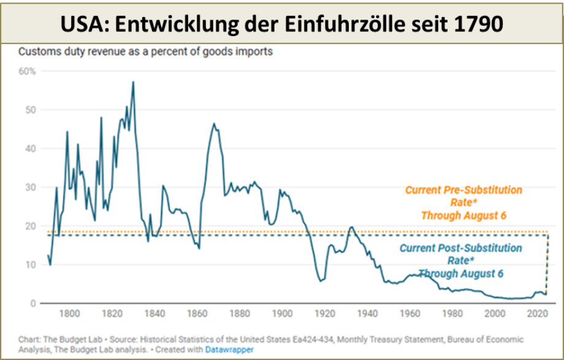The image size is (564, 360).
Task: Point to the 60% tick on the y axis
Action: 28,71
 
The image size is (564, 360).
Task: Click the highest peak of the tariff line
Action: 133,82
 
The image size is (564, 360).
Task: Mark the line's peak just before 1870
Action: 214,124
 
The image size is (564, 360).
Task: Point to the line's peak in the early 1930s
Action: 351,227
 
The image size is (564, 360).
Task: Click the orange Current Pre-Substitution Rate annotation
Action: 463,202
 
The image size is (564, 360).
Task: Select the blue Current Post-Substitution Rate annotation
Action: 460,261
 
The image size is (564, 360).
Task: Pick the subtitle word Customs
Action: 37,52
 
